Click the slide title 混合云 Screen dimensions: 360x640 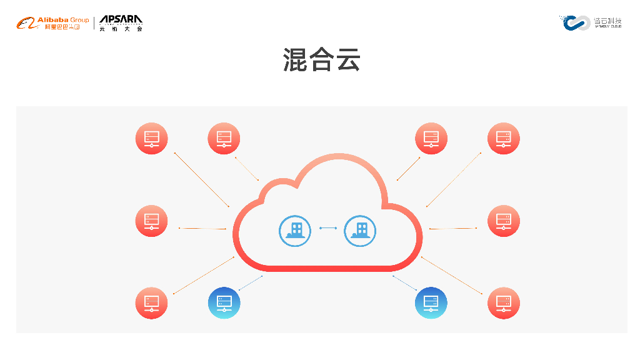[x=321, y=61]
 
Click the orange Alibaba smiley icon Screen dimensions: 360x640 [x=26, y=24]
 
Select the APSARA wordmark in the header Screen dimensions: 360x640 [x=121, y=20]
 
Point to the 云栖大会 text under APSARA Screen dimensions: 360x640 [x=121, y=29]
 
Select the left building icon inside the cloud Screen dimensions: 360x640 [x=295, y=231]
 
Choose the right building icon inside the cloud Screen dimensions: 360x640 [x=360, y=231]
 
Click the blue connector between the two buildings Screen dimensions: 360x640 [x=327, y=228]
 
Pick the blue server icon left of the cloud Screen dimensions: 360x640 [x=224, y=303]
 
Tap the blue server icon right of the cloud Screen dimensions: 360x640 [x=431, y=303]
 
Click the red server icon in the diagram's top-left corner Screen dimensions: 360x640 [x=152, y=139]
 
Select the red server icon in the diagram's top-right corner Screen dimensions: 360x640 [x=504, y=139]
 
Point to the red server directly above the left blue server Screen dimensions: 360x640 [x=224, y=139]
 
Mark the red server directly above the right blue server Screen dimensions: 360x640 [x=431, y=139]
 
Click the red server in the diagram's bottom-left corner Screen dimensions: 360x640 [x=152, y=303]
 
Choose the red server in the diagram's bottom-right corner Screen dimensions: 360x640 [x=504, y=303]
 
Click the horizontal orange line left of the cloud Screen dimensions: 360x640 [x=202, y=228]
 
